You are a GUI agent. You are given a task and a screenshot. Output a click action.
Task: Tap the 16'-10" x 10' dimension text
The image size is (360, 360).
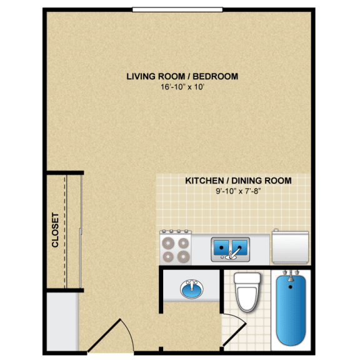point(182,87)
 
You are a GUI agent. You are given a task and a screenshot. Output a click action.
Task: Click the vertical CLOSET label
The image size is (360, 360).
point(55,231)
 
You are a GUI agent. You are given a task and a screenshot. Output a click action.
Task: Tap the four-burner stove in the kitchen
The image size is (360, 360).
point(176,247)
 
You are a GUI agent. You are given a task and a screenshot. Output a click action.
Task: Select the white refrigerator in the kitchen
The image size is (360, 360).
point(290,247)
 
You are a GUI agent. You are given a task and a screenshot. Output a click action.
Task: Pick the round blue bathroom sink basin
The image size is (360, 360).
point(192,289)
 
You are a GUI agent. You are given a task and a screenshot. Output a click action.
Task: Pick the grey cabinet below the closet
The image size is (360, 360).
point(62,322)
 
